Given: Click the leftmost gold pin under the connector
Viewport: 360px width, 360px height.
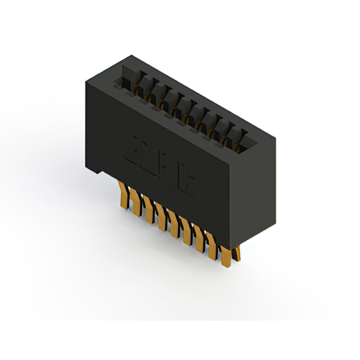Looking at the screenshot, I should coord(124,196).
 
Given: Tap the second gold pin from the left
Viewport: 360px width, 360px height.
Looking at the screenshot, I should coord(136,203).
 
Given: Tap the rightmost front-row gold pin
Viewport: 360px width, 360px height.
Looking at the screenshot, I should coord(226,256).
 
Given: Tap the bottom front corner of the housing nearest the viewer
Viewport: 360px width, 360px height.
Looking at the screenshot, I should coord(231,246).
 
